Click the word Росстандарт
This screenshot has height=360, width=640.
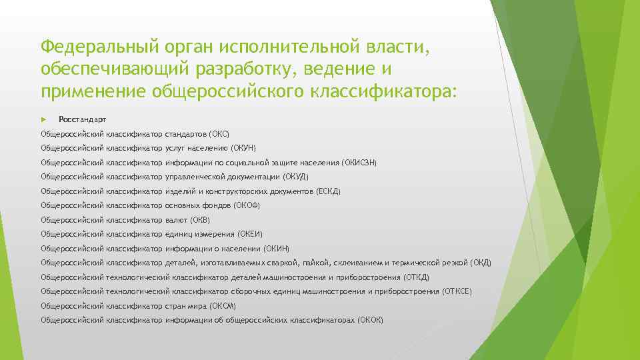tap(82, 119)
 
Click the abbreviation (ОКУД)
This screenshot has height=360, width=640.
tap(296, 177)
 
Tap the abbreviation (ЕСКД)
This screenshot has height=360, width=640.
tap(328, 191)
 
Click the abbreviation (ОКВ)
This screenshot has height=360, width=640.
tap(200, 219)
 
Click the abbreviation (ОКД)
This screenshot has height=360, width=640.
tap(481, 263)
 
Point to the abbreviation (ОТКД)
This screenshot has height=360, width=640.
tap(417, 277)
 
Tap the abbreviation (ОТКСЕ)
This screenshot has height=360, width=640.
tap(459, 291)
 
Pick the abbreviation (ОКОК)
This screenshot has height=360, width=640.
tap(371, 320)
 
